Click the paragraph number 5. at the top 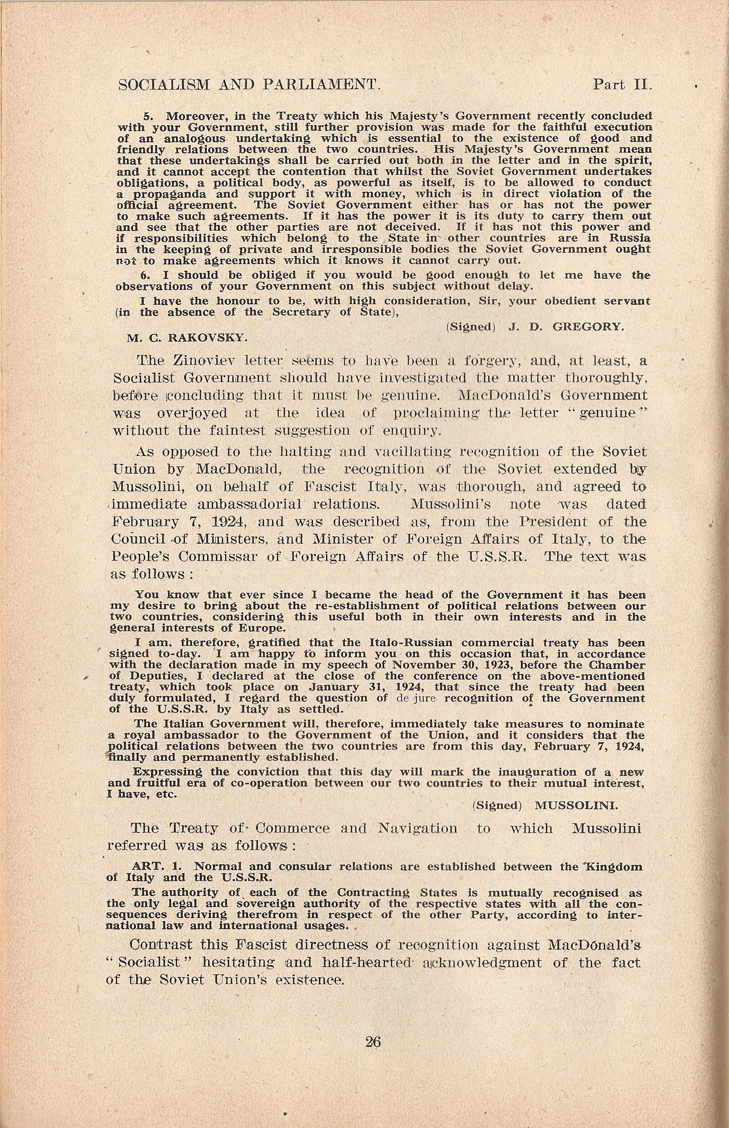[147, 117]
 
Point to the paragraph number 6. [145, 275]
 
